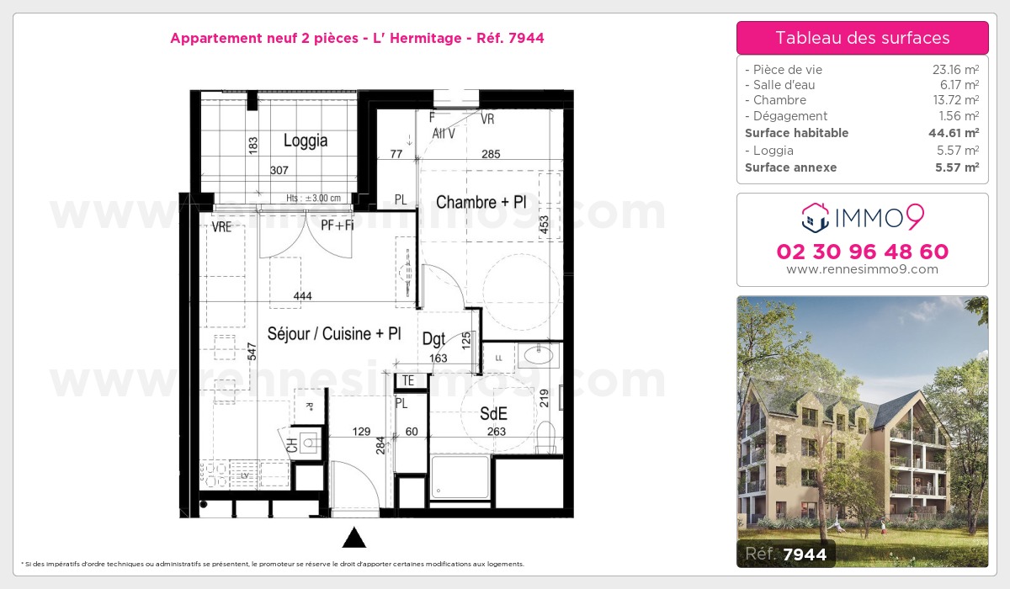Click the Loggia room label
point(305,141)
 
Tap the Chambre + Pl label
point(481,203)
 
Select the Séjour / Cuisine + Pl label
point(333,333)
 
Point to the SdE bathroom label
point(493,413)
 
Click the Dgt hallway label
point(433,339)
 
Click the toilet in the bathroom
point(547,436)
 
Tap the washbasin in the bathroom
point(538,355)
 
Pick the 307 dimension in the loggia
point(279,170)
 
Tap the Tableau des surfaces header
point(862,38)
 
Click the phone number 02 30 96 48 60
point(862,252)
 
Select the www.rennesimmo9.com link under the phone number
point(862,269)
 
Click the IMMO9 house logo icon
point(814,217)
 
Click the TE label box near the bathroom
point(408,380)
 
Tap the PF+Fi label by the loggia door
point(337,226)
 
